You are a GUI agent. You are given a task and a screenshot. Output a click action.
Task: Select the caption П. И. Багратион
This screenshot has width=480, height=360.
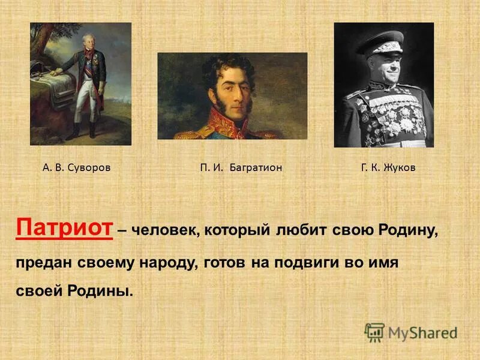(241, 168)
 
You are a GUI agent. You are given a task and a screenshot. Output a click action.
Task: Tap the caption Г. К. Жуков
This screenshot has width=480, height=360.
(388, 168)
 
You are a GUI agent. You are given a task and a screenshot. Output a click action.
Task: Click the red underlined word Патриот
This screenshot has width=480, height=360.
(64, 229)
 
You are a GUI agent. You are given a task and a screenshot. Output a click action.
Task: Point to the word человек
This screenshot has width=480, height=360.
(160, 230)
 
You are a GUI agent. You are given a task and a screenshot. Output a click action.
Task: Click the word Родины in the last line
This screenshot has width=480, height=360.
(100, 292)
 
